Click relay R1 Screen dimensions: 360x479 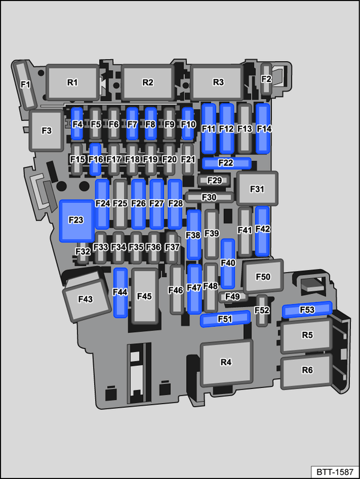coord(72,83)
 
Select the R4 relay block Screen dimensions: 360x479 coord(226,363)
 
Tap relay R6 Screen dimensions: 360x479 coord(306,371)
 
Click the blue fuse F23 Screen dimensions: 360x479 coord(77,220)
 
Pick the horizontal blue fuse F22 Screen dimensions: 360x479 coord(226,163)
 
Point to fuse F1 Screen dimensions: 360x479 coord(25,85)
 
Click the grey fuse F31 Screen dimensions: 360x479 coord(257,189)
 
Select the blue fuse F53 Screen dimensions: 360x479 coord(307,310)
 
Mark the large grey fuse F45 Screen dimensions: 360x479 coord(145,296)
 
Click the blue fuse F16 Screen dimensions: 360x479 coord(95,159)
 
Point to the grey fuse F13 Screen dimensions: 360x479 coord(244,129)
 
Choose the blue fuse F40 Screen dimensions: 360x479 coord(228,263)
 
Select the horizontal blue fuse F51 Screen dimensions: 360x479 coord(225,319)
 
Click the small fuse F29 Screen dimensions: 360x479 coord(214,180)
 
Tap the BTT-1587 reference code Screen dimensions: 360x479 coord(335,472)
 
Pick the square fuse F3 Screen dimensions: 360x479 coord(47,131)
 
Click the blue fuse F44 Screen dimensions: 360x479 coord(120,293)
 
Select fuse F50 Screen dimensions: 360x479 coord(263,276)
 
